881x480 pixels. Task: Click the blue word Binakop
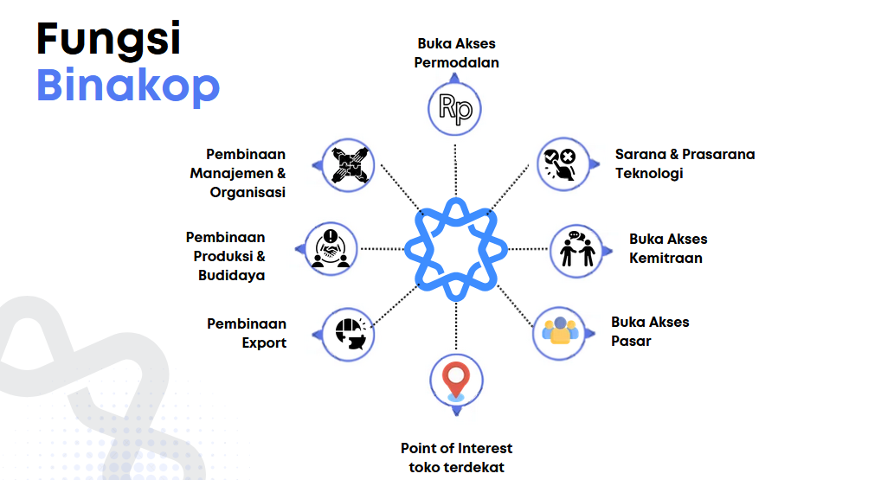128,86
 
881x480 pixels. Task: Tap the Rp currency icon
455,108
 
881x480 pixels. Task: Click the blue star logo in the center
456,249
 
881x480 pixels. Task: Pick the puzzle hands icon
349,165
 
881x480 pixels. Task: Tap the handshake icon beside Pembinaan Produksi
331,249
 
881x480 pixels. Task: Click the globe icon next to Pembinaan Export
350,334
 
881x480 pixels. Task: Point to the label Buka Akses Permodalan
456,53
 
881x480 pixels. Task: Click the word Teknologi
649,174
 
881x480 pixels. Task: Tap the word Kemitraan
666,259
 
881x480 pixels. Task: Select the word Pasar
631,342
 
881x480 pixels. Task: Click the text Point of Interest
456,448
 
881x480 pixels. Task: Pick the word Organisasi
248,193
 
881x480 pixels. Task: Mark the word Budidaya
231,276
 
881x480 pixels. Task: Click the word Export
264,343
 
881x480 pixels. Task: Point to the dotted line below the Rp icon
455,170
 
